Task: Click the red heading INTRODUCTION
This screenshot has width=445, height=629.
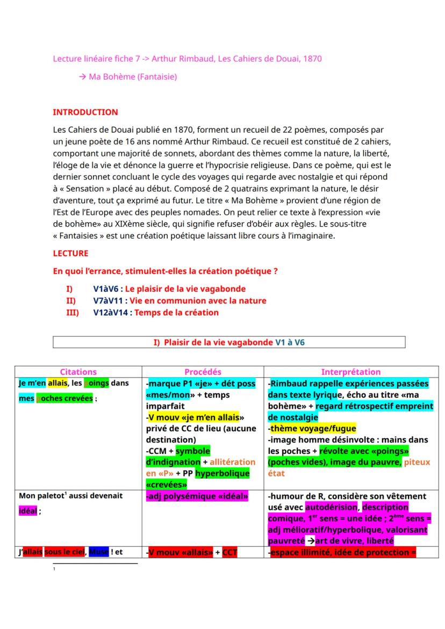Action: coord(85,112)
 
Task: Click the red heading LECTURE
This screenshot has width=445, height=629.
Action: coord(70,253)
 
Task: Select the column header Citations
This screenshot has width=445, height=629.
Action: coord(78,372)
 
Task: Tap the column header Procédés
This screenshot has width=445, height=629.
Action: coord(203,372)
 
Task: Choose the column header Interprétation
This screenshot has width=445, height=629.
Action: coord(351,372)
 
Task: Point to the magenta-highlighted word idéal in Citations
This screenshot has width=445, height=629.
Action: coord(28,511)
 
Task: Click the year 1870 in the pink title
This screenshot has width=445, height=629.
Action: coord(312,59)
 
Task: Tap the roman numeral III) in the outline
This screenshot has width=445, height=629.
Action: coord(73,313)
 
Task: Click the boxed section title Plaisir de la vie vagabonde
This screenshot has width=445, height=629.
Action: coord(218,342)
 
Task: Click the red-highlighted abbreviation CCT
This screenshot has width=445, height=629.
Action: coord(229,552)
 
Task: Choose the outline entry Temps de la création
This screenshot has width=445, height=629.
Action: coord(176,313)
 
